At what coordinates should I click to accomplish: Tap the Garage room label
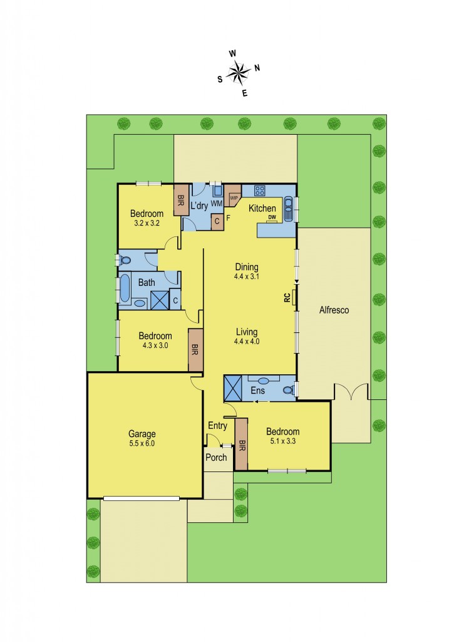tap(142, 433)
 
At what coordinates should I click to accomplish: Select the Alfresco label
tap(333, 310)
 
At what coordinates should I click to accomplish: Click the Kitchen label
tap(262, 208)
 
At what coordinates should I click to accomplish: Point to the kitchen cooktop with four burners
tap(259, 191)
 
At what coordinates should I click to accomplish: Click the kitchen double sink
tap(289, 208)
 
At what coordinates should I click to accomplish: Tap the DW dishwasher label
tap(272, 218)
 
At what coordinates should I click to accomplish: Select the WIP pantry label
tap(234, 197)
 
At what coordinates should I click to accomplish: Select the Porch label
tap(217, 457)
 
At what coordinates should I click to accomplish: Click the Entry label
tap(217, 426)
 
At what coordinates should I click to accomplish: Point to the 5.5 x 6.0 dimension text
tap(142, 443)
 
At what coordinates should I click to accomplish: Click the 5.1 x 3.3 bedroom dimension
tap(282, 441)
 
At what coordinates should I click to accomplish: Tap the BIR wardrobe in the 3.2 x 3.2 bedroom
tap(181, 201)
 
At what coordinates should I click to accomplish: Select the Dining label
tap(247, 266)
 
